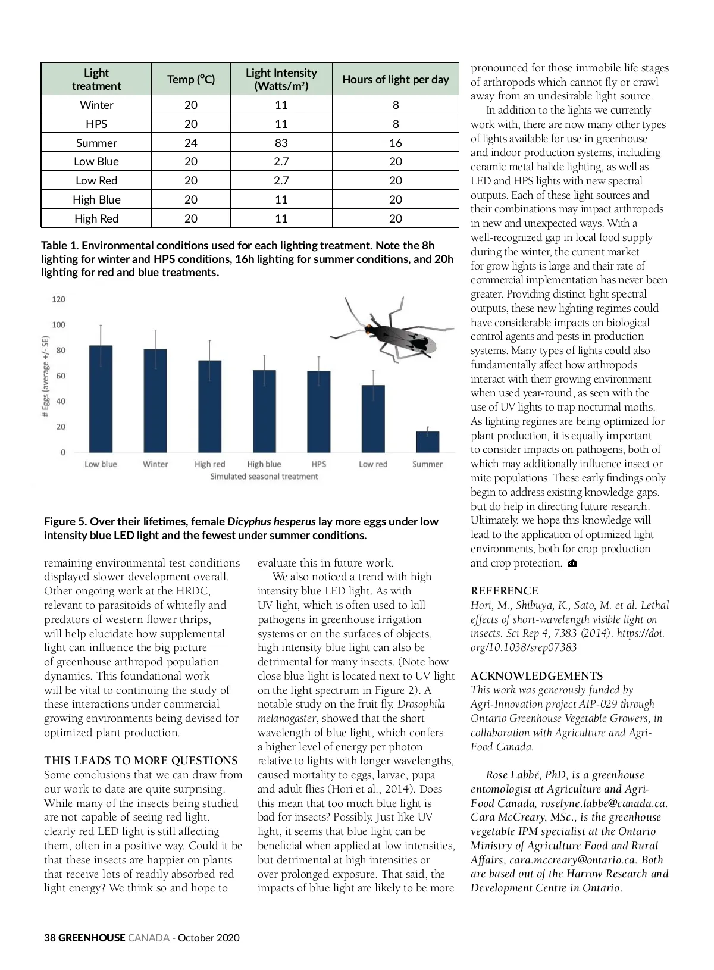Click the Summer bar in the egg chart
point(427,442)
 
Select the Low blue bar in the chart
point(101,399)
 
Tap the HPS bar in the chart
point(318,411)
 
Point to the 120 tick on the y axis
point(58,299)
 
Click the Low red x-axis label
point(373,464)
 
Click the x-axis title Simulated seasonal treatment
point(264,477)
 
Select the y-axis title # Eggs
point(46,376)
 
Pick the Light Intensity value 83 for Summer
point(281,143)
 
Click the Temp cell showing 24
point(191,143)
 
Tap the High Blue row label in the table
point(96,199)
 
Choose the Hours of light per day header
point(395,79)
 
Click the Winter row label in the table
point(96,105)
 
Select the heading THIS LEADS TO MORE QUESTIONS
point(140,761)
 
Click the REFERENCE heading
point(504,591)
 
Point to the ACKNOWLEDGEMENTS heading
point(536,676)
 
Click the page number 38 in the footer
point(49,938)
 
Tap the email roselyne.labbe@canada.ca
point(603,803)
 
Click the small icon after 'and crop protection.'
point(572,564)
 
